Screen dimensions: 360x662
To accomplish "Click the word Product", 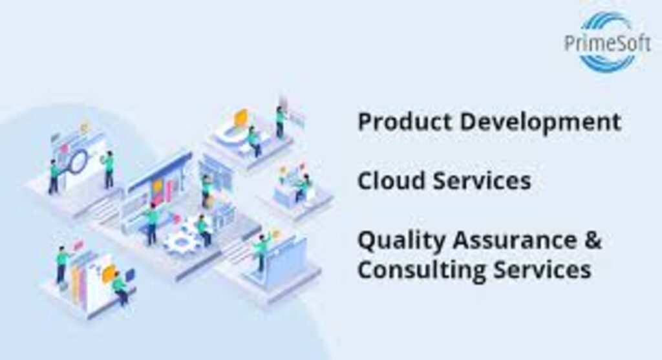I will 398,122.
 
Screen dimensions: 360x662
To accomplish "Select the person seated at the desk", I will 300,187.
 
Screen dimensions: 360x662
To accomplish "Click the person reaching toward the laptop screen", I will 262,251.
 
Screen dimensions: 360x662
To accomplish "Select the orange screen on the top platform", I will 240,118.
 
